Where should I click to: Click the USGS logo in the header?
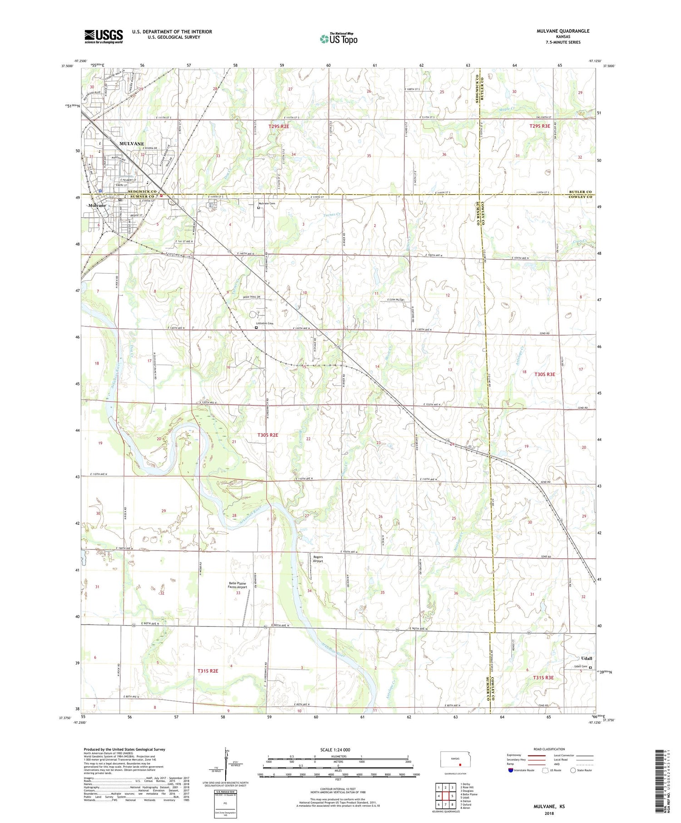pos(104,36)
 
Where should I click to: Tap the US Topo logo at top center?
pos(339,39)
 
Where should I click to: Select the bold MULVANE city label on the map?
pos(132,143)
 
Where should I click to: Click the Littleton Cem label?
pos(265,323)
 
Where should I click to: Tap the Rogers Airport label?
pos(318,559)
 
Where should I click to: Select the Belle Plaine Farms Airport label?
pos(237,585)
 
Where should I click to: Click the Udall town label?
pos(587,658)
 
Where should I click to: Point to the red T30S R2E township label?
pos(268,435)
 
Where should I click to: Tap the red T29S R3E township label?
pos(540,126)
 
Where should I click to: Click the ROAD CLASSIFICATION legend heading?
pos(549,749)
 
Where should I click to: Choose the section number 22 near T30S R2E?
pos(308,439)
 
